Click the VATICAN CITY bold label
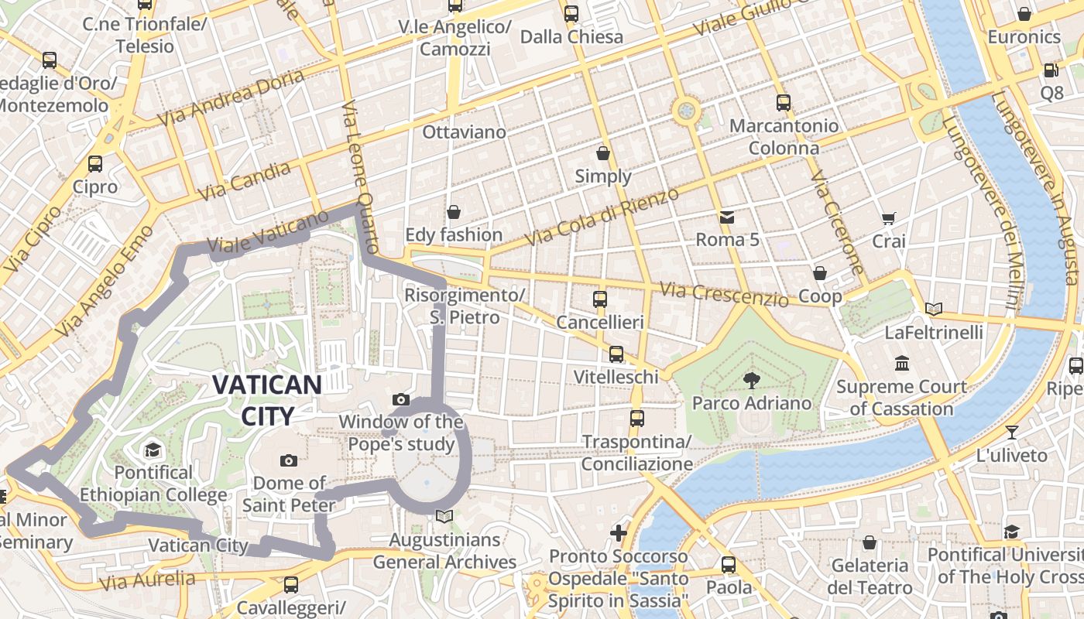point(267,400)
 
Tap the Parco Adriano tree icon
point(750,379)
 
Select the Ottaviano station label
point(464,132)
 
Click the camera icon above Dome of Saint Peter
point(288,460)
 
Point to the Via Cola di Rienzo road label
point(602,217)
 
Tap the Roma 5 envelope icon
point(727,217)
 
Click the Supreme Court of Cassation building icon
point(901,363)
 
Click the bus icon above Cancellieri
point(600,299)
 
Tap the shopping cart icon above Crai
point(888,219)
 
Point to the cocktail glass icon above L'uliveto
point(1011,432)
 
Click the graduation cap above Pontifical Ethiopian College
point(153,450)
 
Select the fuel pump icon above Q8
point(1051,70)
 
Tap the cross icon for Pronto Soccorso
point(618,532)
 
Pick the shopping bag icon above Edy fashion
point(454,211)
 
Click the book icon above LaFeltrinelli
point(934,309)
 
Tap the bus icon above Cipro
point(95,164)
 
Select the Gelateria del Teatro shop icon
point(870,542)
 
